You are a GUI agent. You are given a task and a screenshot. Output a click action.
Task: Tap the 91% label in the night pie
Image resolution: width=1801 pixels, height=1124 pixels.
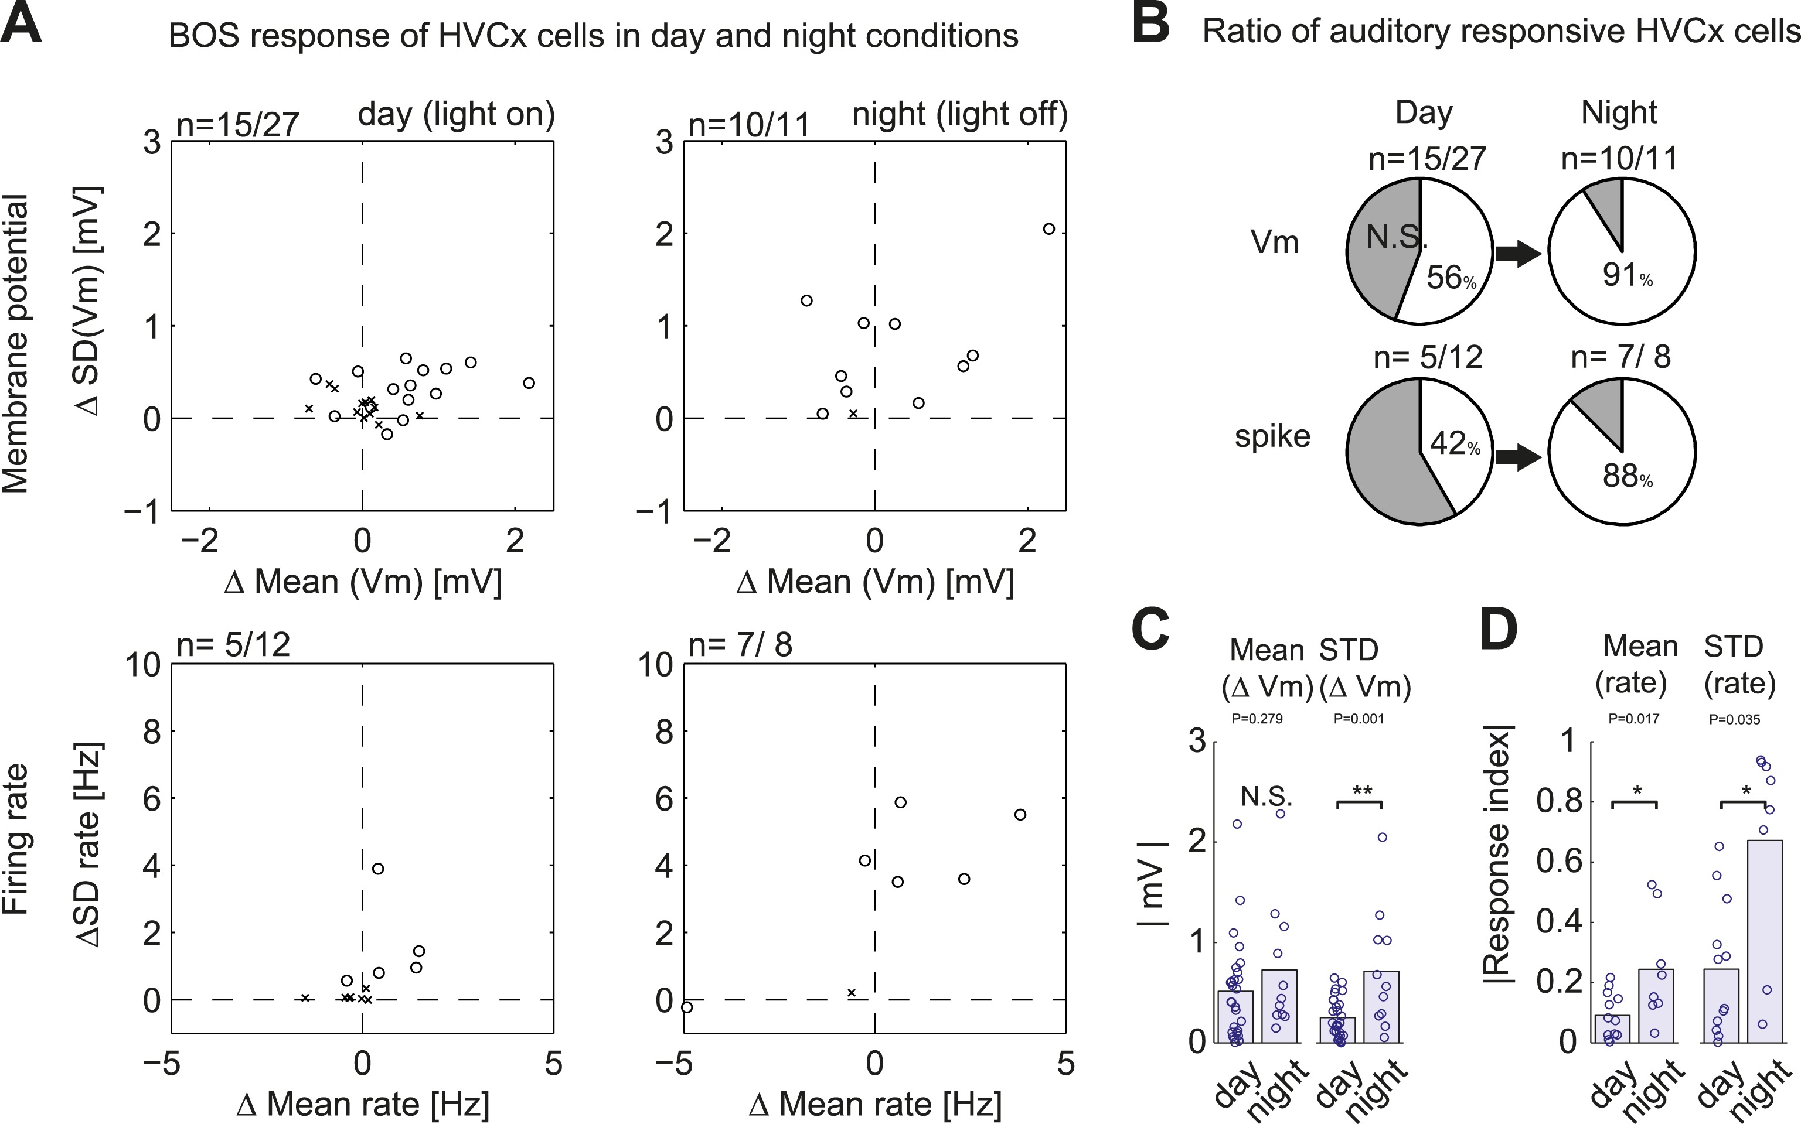(x=1627, y=276)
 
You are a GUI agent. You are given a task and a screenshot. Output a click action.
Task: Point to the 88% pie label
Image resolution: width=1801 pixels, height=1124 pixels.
(x=1627, y=477)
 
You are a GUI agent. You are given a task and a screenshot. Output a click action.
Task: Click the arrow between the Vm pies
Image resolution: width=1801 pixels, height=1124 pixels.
(x=1519, y=254)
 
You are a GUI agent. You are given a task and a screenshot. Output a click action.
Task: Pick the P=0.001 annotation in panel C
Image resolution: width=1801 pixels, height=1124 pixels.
(x=1359, y=719)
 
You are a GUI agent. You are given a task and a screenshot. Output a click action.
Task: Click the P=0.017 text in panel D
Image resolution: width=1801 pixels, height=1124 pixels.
(x=1634, y=719)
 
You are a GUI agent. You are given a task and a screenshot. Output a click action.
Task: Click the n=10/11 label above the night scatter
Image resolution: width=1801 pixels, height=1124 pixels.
(x=749, y=125)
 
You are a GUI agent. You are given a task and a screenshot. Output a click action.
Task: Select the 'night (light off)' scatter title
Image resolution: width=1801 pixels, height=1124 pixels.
(x=959, y=114)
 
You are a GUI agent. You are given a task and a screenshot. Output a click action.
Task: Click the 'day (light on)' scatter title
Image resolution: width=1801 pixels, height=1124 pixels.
(x=456, y=114)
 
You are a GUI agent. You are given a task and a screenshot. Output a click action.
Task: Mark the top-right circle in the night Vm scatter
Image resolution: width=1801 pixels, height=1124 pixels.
(x=1048, y=229)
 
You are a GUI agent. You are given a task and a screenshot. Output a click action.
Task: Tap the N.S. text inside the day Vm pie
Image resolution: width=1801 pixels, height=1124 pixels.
(x=1397, y=238)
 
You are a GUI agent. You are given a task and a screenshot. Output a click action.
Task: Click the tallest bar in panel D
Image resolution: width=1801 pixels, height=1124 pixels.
(x=1765, y=941)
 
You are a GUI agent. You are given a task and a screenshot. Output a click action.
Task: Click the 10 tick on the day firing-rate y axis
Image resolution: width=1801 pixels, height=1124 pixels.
(x=142, y=665)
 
